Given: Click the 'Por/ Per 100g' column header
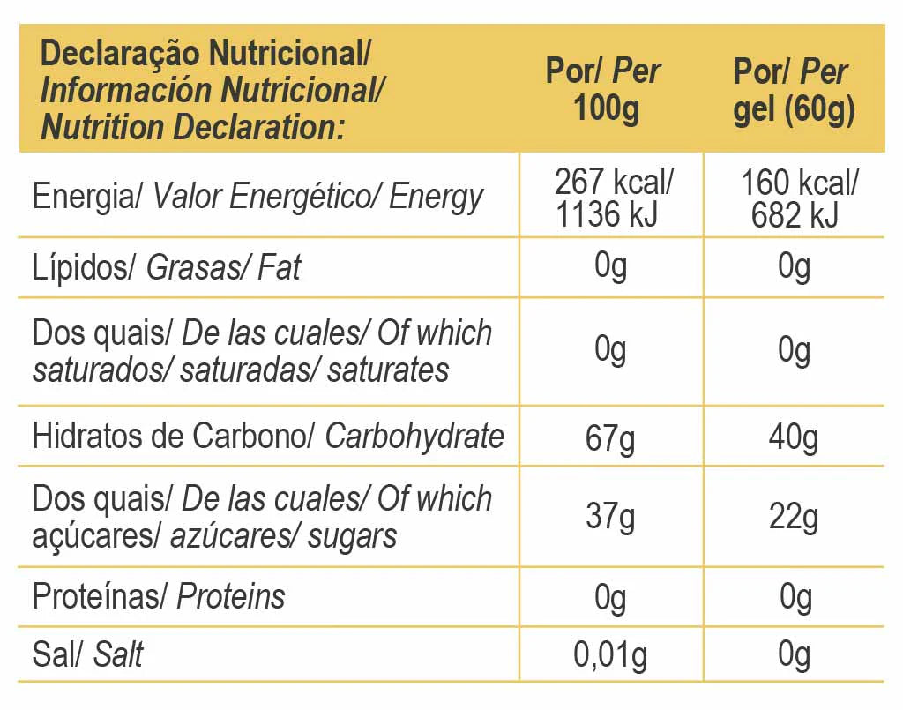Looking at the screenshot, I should tap(605, 90).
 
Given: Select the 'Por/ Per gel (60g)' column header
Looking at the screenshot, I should tap(793, 90).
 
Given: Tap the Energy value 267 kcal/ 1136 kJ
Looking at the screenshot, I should tap(611, 198).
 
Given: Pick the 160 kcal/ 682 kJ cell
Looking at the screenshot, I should tap(796, 198).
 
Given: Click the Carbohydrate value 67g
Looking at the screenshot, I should tap(610, 437).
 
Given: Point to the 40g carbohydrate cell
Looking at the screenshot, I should tap(793, 437).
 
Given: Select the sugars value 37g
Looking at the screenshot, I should tap(610, 516).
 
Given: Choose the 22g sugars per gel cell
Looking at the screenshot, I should tap(793, 516).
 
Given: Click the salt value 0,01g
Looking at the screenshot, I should tap(610, 655).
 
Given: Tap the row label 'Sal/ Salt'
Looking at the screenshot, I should tap(87, 655).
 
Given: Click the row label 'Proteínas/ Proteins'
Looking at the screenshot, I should tap(159, 597).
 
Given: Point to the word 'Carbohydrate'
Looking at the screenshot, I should tap(414, 437).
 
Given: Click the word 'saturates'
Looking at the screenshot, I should tap(388, 370).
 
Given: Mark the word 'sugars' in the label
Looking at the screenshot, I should tap(352, 536).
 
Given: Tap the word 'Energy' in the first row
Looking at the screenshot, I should tap(436, 198).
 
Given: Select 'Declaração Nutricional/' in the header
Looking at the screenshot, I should tap(205, 54).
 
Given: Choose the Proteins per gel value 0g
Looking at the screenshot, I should tap(795, 597).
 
